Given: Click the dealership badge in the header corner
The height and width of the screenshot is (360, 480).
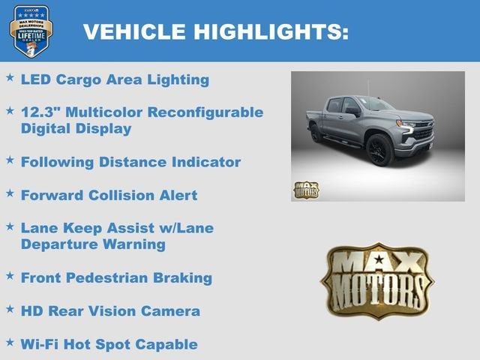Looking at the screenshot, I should click(31, 31).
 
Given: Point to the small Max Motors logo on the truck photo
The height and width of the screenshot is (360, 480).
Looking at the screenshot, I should click(306, 189).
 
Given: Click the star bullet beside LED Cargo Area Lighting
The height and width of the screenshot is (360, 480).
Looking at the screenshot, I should click(10, 77).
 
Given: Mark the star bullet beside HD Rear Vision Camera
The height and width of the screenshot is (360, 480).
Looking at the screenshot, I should click(10, 308).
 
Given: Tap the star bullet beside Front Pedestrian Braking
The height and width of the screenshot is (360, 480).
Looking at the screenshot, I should click(10, 275).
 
